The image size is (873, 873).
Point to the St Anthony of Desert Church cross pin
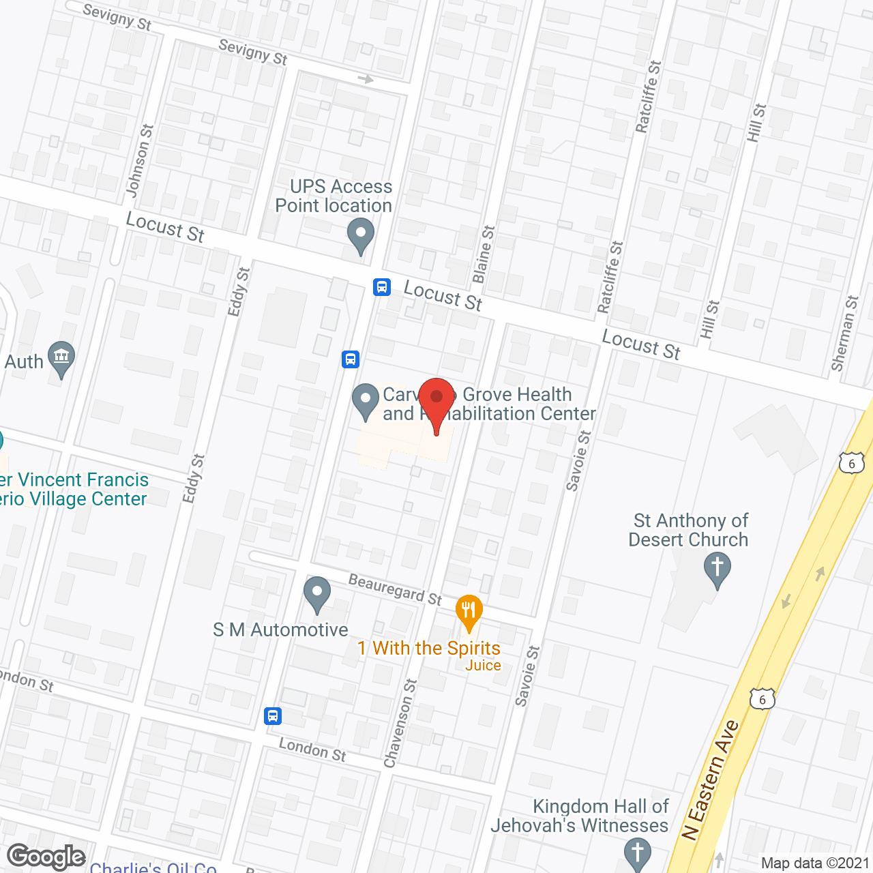click(x=717, y=568)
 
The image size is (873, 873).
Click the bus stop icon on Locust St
click(x=382, y=287)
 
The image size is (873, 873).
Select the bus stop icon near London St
click(x=273, y=716)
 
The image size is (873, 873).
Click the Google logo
click(x=46, y=857)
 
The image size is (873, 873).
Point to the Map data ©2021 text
click(x=815, y=863)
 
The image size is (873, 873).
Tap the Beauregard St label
click(x=395, y=589)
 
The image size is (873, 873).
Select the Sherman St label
click(x=844, y=333)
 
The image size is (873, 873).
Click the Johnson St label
click(x=140, y=161)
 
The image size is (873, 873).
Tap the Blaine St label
click(x=484, y=254)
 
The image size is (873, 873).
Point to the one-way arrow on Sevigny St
click(x=366, y=80)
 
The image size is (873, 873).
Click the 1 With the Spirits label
click(x=429, y=648)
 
